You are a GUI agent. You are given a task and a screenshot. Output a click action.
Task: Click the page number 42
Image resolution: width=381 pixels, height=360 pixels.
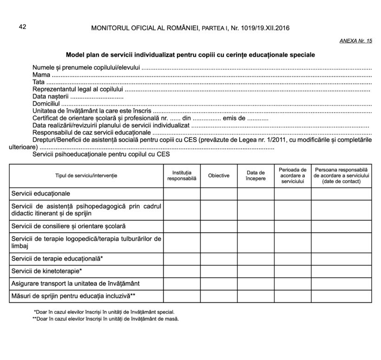point(22,27)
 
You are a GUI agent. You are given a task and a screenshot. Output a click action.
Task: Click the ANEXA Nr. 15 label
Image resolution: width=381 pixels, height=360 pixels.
point(356,41)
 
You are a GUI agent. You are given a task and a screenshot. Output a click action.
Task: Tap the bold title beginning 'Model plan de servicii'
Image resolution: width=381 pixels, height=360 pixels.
point(190,55)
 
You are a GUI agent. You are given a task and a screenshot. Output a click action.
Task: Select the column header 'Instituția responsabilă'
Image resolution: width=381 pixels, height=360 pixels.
point(182,176)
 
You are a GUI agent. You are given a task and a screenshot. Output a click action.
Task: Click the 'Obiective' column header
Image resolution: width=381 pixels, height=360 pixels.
point(219,176)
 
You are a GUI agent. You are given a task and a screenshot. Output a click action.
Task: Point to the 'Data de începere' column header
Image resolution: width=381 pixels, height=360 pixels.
point(256,176)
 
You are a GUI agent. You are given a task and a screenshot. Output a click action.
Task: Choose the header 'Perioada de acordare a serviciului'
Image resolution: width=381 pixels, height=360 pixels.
point(292,176)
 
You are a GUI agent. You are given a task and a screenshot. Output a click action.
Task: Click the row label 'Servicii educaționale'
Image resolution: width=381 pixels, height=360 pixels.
point(41,193)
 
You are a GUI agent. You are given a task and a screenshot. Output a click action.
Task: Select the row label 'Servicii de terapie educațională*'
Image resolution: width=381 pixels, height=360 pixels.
point(57,258)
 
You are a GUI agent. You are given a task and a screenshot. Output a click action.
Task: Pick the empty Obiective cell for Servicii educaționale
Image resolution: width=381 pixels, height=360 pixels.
point(219,193)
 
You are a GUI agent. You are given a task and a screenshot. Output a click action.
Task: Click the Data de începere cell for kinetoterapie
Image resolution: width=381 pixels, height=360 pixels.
point(256,270)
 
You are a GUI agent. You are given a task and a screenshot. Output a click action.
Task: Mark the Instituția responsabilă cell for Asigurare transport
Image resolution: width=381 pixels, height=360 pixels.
point(182,283)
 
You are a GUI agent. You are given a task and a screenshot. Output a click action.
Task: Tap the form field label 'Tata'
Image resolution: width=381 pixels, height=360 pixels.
point(39,82)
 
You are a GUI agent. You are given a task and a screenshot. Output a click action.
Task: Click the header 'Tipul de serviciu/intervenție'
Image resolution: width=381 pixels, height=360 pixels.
point(86,176)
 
